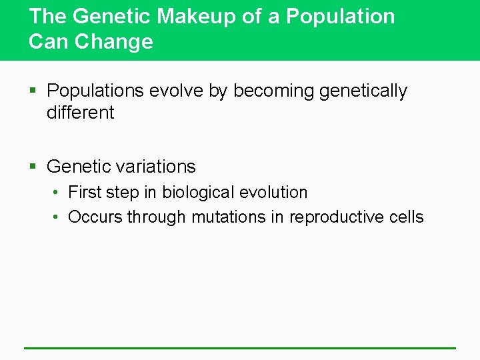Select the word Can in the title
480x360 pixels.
pos(49,42)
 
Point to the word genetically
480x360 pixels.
pos(363,91)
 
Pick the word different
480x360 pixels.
pos(80,113)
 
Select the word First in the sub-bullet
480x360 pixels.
pos(84,193)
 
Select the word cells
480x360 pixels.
pos(406,217)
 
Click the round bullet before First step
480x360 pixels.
pos(57,193)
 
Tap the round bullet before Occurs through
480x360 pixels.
pos(57,218)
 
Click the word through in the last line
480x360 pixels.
pos(157,217)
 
